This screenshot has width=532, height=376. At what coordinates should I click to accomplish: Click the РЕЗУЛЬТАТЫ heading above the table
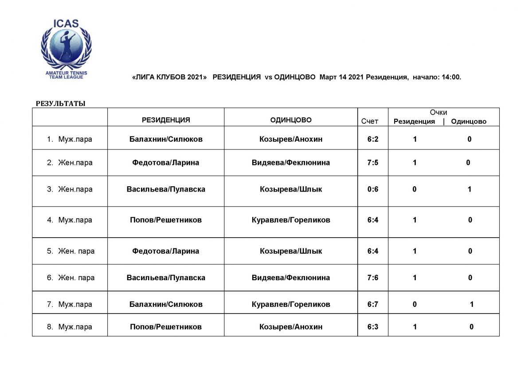60,104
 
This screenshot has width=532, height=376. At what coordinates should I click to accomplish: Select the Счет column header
370,121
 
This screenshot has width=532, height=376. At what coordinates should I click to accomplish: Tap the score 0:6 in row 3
372,189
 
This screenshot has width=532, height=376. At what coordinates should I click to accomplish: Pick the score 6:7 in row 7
372,304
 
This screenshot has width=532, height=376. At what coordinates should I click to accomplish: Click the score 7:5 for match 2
372,162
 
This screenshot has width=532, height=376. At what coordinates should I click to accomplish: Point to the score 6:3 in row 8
372,327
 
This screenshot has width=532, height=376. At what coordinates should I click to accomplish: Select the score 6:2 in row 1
372,139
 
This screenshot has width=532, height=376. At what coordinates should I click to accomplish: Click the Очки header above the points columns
438,113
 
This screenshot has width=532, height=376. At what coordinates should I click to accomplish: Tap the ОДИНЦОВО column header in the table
291,120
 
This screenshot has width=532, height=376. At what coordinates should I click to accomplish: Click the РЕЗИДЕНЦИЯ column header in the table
166,120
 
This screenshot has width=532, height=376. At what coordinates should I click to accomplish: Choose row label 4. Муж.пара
70,220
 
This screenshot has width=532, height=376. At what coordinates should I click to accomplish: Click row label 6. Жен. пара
71,278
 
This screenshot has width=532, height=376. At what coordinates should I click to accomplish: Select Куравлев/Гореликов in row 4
291,220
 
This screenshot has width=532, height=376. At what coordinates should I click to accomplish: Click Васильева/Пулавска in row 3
166,189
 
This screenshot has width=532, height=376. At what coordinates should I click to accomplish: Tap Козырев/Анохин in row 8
291,327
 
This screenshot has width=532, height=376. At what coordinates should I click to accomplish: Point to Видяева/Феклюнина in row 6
291,278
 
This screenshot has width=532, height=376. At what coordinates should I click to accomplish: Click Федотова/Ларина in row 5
166,251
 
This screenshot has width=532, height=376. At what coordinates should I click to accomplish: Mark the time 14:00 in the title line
450,77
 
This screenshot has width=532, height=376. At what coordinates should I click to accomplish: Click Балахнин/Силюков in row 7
166,304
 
